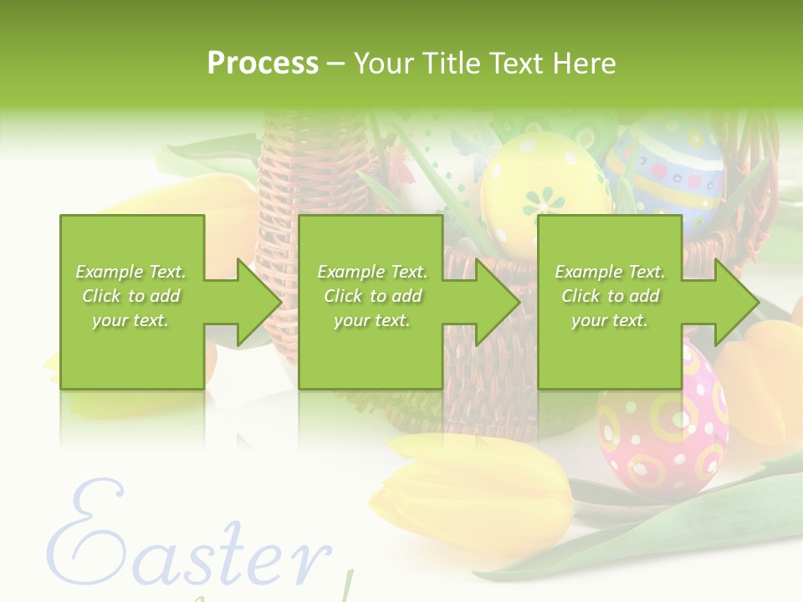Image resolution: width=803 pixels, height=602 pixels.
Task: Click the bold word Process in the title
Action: point(263,64)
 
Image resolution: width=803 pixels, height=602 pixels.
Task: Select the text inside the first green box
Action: point(130,296)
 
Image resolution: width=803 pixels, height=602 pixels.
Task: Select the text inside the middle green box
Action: point(372,296)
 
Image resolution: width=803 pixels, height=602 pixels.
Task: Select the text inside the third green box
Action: point(610,296)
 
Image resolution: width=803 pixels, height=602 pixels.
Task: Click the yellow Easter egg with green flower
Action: point(544,188)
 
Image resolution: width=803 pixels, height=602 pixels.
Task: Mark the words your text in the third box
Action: point(610,320)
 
